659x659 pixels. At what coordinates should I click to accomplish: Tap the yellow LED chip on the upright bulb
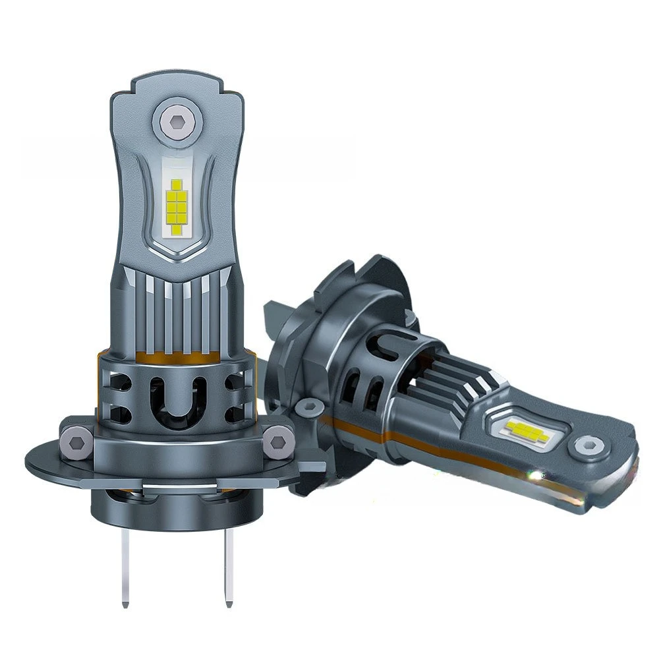177,207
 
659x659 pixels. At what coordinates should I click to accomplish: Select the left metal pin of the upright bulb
125,566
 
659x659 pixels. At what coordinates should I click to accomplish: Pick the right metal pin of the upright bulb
229,566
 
